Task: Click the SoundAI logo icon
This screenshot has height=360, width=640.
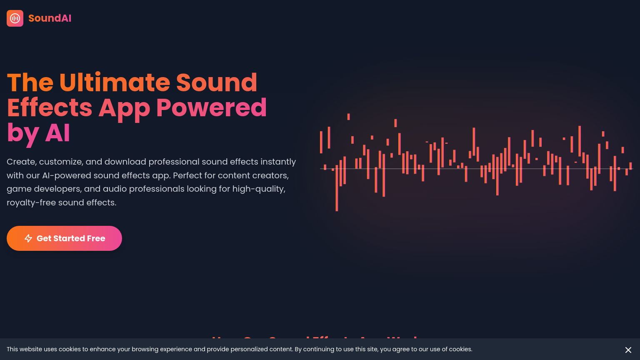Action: click(x=15, y=18)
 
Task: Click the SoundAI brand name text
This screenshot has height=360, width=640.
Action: click(x=50, y=18)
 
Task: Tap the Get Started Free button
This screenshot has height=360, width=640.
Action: click(x=64, y=238)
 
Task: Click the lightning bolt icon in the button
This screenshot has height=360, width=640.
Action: click(x=28, y=238)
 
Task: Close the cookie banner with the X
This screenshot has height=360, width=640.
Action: click(x=628, y=350)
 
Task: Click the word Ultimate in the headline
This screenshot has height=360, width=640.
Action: click(x=115, y=82)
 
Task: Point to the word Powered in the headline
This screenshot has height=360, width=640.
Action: click(x=211, y=108)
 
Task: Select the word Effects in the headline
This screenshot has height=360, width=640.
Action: click(x=50, y=108)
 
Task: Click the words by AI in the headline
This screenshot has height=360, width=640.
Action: click(x=38, y=133)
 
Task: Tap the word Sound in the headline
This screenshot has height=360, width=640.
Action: click(x=217, y=82)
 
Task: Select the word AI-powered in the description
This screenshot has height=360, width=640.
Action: click(x=66, y=175)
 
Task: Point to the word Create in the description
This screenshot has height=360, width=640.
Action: click(x=21, y=162)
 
